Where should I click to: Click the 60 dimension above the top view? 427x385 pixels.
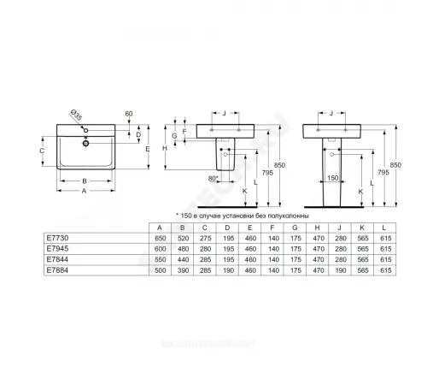[128, 113]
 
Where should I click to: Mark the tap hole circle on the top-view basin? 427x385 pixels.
[85, 143]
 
